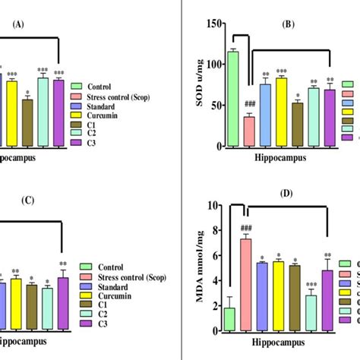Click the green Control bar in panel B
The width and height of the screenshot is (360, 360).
(233, 99)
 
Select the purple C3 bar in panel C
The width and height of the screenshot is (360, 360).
(63, 304)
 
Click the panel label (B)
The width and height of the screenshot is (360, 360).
(289, 24)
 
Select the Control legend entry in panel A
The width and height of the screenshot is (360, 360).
(104, 87)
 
